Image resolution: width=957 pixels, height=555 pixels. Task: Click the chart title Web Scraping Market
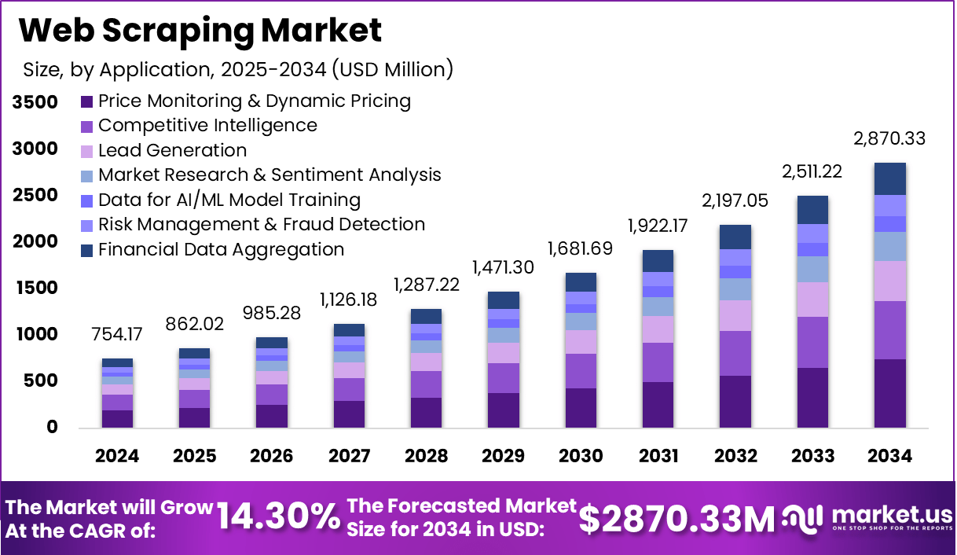(x=200, y=30)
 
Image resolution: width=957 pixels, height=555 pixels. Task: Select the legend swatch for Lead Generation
(x=87, y=151)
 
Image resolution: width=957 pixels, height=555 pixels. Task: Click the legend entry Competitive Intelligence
(x=207, y=126)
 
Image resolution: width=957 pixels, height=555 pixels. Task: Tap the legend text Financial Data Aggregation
(x=221, y=250)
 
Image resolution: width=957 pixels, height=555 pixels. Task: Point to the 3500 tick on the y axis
(x=35, y=102)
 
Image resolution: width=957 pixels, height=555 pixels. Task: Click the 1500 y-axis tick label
(x=35, y=289)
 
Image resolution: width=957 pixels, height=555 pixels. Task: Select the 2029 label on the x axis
(x=503, y=456)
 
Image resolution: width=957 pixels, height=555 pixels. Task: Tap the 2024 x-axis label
(x=117, y=456)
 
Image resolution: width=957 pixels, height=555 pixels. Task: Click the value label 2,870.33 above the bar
(x=889, y=139)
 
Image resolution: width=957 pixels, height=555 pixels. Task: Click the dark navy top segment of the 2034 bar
(x=889, y=178)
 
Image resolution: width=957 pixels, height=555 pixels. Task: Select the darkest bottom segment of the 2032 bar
(x=735, y=401)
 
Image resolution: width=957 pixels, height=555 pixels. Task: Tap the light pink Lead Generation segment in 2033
(x=812, y=300)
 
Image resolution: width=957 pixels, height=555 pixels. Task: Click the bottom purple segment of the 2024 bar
(x=117, y=418)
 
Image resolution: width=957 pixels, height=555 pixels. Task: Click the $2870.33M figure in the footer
(x=676, y=518)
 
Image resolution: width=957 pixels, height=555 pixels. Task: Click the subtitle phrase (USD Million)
(x=392, y=69)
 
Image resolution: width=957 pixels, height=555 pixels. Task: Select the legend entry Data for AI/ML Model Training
(x=229, y=200)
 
